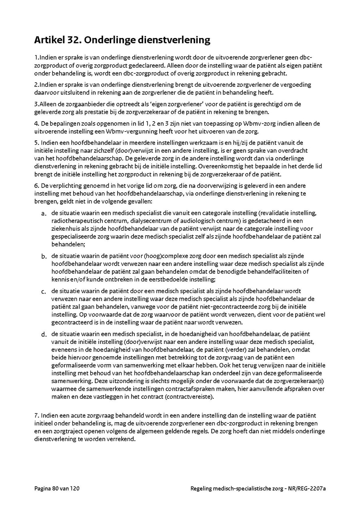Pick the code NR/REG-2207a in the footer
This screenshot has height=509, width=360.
(x=309, y=489)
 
